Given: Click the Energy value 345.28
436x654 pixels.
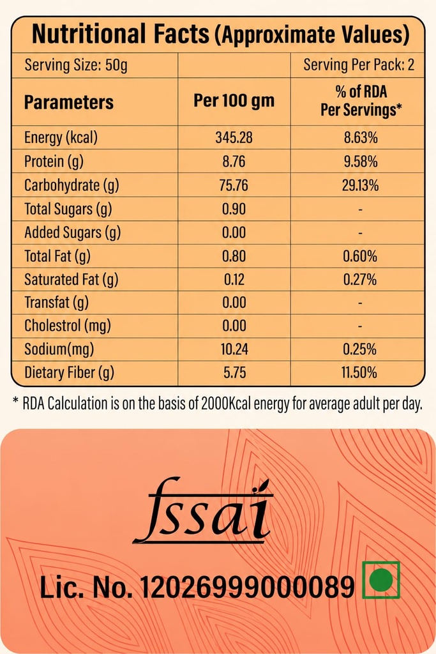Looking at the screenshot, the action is [x=234, y=137].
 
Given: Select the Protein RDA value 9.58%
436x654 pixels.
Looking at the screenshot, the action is [x=361, y=161].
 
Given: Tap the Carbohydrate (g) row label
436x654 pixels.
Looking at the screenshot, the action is [x=71, y=185].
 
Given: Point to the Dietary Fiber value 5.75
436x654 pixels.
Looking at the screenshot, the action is [x=234, y=372].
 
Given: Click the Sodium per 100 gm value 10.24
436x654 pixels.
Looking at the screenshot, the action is [x=234, y=349].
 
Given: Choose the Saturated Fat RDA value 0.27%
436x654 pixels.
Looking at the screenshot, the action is [x=360, y=279].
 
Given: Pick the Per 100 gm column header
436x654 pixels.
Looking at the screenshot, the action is [x=234, y=100].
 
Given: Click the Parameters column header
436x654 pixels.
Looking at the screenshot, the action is [x=69, y=102].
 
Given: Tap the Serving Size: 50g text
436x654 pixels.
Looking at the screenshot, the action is [x=76, y=65].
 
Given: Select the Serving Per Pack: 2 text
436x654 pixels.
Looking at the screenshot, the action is [x=359, y=65].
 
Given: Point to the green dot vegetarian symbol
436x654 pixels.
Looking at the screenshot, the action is [x=381, y=580].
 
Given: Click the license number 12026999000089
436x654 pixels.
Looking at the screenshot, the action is [x=247, y=588].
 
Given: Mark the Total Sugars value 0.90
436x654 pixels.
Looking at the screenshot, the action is [x=234, y=209].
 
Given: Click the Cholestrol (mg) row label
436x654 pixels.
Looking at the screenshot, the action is [x=68, y=326].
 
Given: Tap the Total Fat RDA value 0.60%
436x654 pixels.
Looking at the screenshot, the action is [x=360, y=255].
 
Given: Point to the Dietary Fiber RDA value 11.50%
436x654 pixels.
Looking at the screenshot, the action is [x=359, y=372].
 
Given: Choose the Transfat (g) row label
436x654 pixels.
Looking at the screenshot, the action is [x=57, y=302].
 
